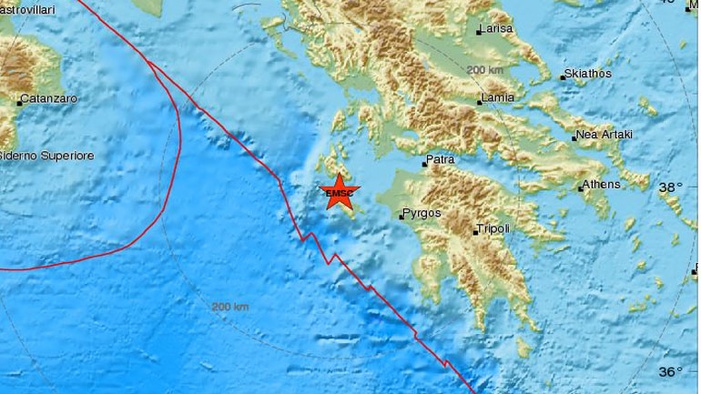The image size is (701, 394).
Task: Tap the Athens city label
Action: [x=603, y=184]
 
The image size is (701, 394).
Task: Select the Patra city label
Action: [x=441, y=160]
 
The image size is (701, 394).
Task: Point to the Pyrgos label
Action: [x=422, y=214]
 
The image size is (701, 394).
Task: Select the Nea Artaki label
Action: [x=604, y=136]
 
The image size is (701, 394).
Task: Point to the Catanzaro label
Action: [x=49, y=97]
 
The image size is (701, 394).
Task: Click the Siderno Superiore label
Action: [x=46, y=157]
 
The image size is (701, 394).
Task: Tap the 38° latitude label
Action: [x=670, y=187]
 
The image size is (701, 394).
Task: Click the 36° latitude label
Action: [x=670, y=370]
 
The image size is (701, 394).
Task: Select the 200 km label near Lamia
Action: [x=484, y=70]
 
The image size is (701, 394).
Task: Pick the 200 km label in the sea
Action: [x=230, y=307]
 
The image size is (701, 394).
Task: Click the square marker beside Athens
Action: [x=580, y=189]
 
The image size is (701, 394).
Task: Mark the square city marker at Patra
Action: [x=424, y=166]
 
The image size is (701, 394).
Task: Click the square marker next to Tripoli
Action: [x=474, y=233]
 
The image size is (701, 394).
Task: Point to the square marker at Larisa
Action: [x=479, y=34]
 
